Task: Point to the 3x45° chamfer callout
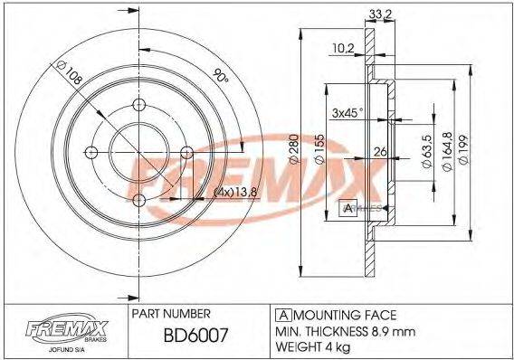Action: coord(347,112)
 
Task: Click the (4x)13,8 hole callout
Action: coord(219,193)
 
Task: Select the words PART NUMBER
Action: coord(172,313)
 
